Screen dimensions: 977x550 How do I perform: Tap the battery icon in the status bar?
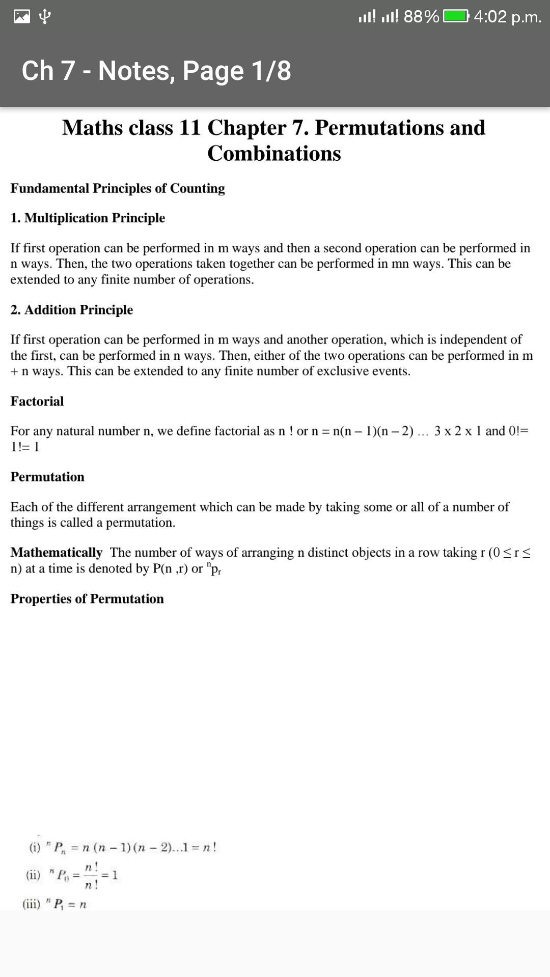(x=456, y=17)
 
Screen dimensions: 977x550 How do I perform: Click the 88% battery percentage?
(x=421, y=17)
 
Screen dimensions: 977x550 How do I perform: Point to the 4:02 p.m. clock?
(x=507, y=17)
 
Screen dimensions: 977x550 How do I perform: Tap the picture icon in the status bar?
(x=22, y=17)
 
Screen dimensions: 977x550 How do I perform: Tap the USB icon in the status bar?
(x=45, y=17)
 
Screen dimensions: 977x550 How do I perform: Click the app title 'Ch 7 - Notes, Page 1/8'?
(x=156, y=70)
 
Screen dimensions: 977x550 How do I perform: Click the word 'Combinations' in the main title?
(x=274, y=153)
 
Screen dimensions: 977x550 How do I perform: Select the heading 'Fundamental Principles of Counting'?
(x=118, y=188)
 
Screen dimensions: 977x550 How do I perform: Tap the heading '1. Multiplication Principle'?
(x=88, y=218)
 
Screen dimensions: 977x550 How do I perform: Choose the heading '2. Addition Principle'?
(x=72, y=309)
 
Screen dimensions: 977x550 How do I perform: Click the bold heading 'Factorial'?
(x=37, y=401)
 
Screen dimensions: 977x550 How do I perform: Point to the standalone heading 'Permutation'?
(x=47, y=477)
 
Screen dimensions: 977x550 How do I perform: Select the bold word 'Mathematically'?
(x=57, y=552)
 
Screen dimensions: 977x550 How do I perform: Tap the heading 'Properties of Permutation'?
(x=87, y=598)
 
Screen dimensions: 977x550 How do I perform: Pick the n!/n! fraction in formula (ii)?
(x=91, y=875)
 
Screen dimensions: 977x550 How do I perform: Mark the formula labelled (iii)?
(x=55, y=904)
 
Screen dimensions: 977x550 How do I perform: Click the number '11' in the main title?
(x=190, y=128)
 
